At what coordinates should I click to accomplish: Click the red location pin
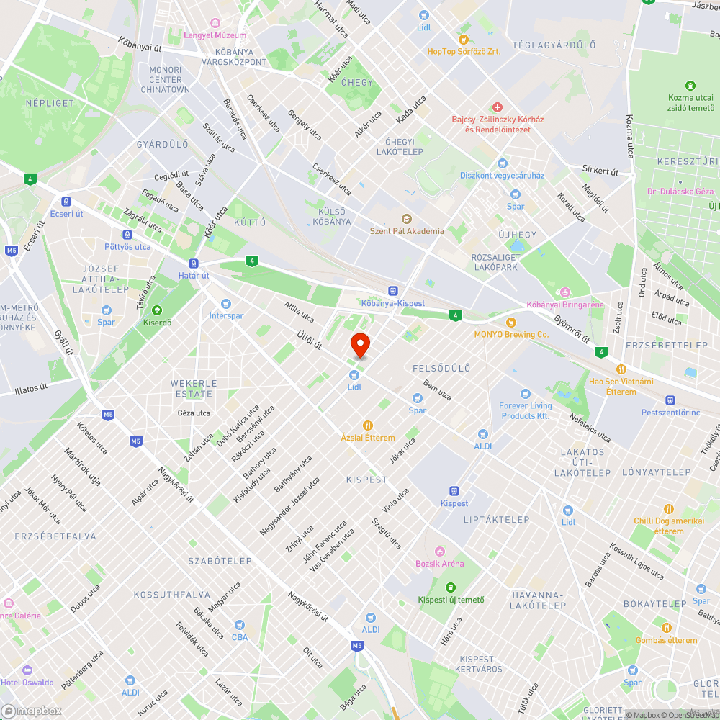pos(359,345)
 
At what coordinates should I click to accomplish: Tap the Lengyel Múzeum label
pos(215,35)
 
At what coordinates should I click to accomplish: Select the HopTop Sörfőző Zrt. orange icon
pos(464,39)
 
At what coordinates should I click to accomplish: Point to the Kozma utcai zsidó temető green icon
pos(690,86)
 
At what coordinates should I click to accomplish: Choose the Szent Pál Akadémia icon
pos(406,219)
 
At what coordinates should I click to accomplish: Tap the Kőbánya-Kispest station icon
pos(392,291)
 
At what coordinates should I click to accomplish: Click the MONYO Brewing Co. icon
pos(511,322)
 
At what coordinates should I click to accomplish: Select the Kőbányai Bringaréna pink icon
pos(565,292)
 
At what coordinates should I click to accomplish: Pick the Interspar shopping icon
pos(226,304)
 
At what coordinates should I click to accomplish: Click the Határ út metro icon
pos(194,264)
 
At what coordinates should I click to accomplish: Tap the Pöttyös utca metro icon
pos(127,235)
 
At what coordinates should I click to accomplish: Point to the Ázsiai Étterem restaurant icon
pos(368,426)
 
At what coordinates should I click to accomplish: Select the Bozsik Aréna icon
pos(439,552)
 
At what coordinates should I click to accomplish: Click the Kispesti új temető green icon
pos(451,588)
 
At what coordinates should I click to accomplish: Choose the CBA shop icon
pos(239,624)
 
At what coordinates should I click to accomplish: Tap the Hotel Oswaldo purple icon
pos(27,670)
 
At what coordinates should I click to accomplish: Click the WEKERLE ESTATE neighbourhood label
pos(192,388)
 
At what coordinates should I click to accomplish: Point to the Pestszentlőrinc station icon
pos(670,400)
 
